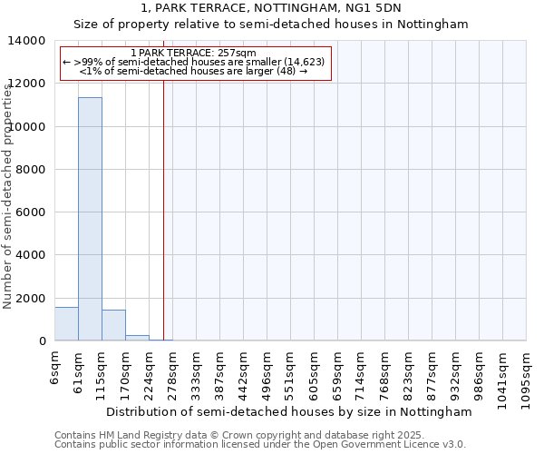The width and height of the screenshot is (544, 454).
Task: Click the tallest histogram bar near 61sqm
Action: pyautogui.click(x=90, y=218)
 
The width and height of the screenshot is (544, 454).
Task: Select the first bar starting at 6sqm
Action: pyautogui.click(x=66, y=324)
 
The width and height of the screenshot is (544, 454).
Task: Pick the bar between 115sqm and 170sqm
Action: pyautogui.click(x=113, y=325)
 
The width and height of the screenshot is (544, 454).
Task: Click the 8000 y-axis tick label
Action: pyautogui.click(x=32, y=170)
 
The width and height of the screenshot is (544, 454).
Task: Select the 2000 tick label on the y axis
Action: pyautogui.click(x=32, y=298)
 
